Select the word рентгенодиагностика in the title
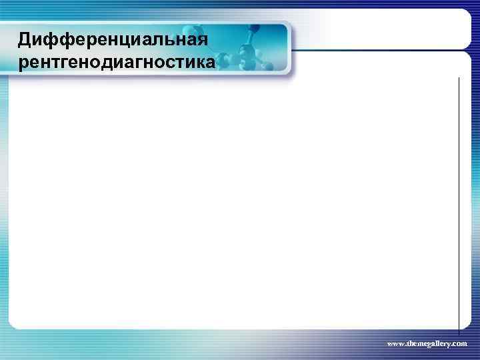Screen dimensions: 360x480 (x=117, y=63)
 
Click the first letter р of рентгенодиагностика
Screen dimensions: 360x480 (x=24, y=65)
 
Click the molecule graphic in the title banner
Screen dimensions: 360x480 (x=250, y=50)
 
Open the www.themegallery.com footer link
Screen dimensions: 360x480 (x=427, y=343)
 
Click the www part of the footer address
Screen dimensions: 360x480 (x=394, y=343)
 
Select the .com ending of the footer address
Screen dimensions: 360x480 (x=459, y=343)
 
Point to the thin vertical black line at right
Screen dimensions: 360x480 (x=459, y=200)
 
